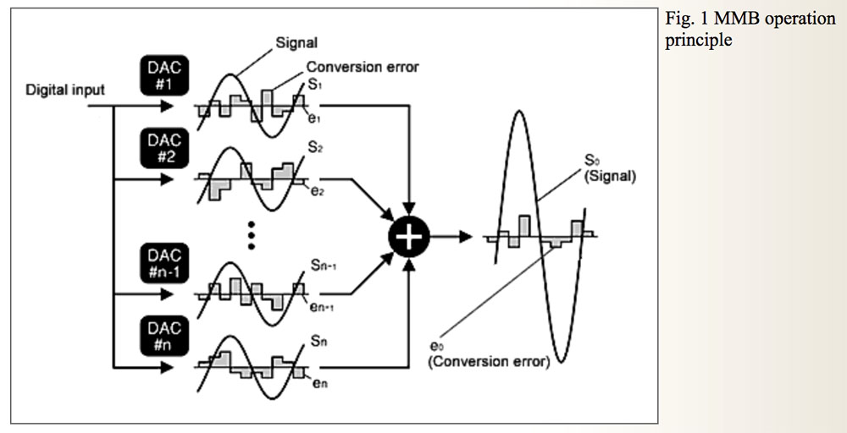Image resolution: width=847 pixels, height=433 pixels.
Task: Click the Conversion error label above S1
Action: click(363, 67)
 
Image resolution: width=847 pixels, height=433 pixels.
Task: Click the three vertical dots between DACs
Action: click(251, 233)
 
